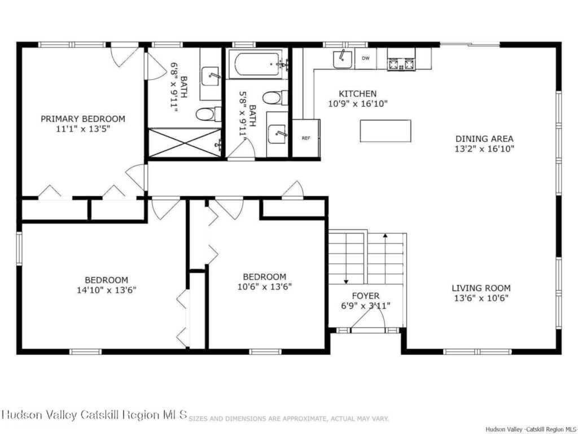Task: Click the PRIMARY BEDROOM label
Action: pyautogui.click(x=82, y=119)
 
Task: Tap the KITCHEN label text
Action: pyautogui.click(x=357, y=94)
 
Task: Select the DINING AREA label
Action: pyautogui.click(x=484, y=139)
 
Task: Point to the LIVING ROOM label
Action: pyautogui.click(x=481, y=288)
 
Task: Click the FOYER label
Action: pyautogui.click(x=365, y=296)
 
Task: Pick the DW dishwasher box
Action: pyautogui.click(x=365, y=58)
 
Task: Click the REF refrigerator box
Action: pyautogui.click(x=306, y=138)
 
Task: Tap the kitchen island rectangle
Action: pyautogui.click(x=385, y=131)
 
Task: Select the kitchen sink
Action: pyautogui.click(x=343, y=59)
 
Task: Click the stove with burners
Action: pyautogui.click(x=401, y=64)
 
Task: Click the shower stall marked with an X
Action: pyautogui.click(x=185, y=143)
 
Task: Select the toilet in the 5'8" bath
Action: pyautogui.click(x=275, y=98)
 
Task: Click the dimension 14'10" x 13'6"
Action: pyautogui.click(x=107, y=290)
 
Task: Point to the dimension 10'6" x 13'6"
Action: pyautogui.click(x=265, y=287)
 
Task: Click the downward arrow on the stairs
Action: pyautogui.click(x=346, y=258)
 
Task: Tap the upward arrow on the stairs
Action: pyautogui.click(x=385, y=258)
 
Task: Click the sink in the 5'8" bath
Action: pyautogui.click(x=277, y=134)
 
